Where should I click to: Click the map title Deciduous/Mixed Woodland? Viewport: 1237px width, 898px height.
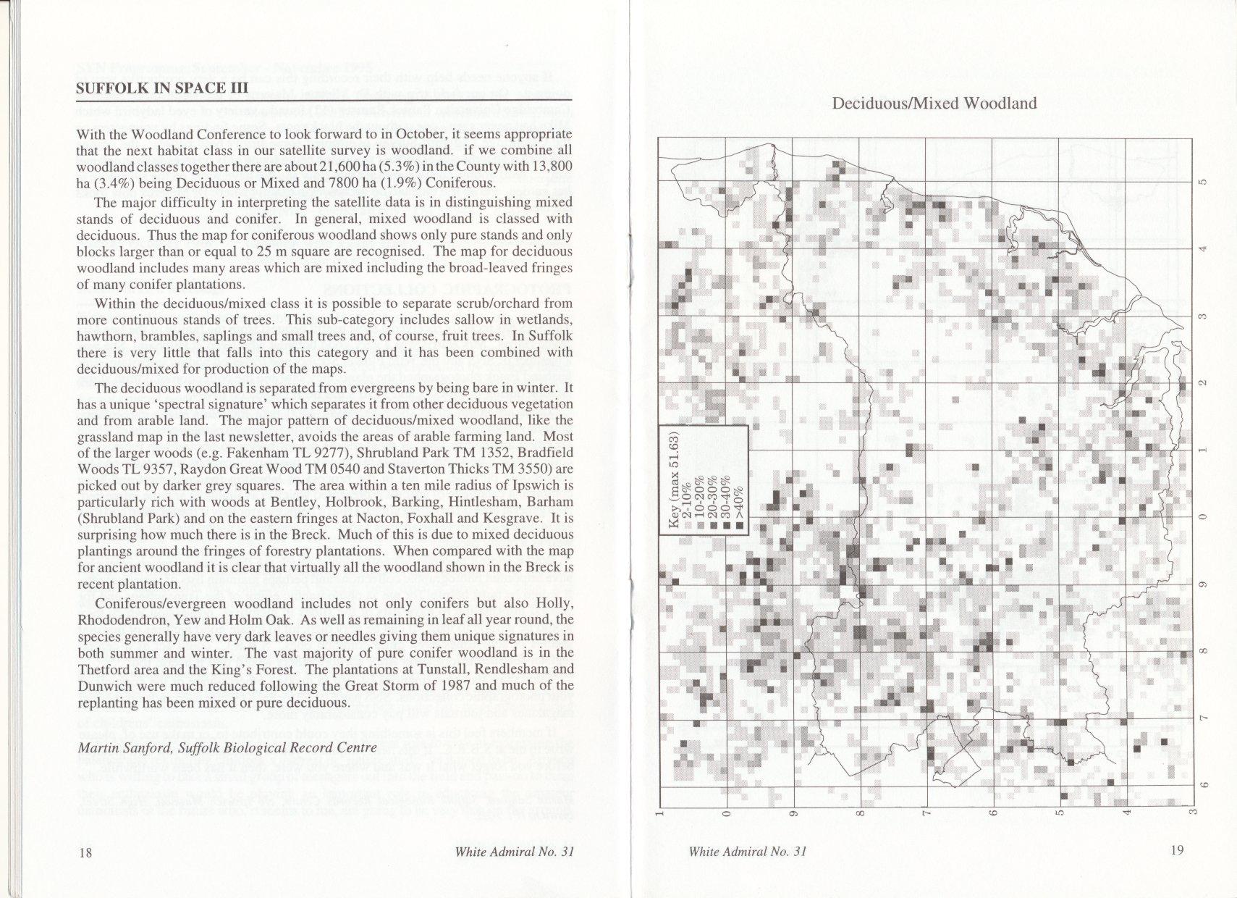[934, 104]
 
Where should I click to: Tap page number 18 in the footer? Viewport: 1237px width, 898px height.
[85, 852]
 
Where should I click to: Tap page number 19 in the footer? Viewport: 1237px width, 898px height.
[1177, 850]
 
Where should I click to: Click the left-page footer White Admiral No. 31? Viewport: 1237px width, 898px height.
[514, 852]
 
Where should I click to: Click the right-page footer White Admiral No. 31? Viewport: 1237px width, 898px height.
[748, 852]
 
